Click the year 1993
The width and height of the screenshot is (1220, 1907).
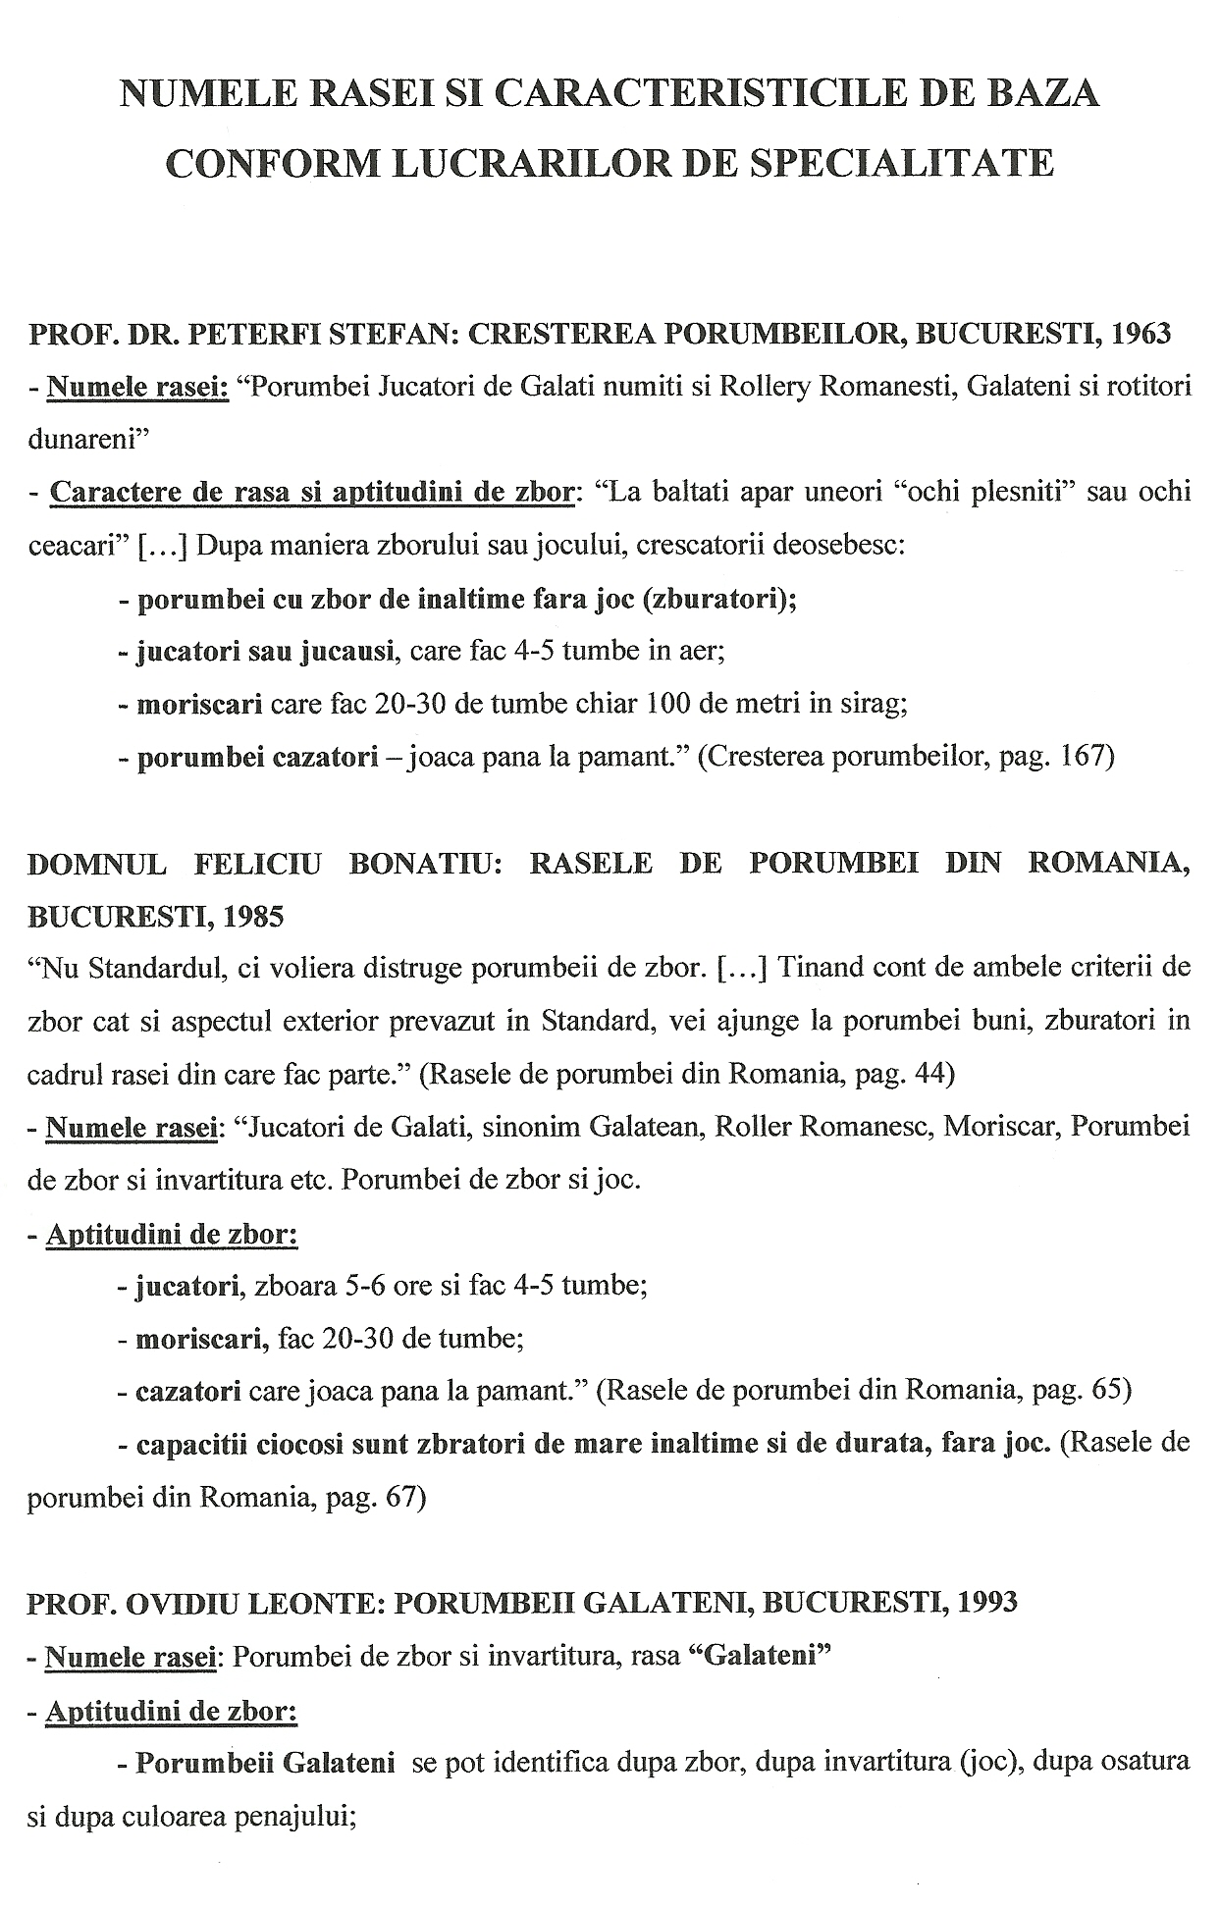click(982, 1603)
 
